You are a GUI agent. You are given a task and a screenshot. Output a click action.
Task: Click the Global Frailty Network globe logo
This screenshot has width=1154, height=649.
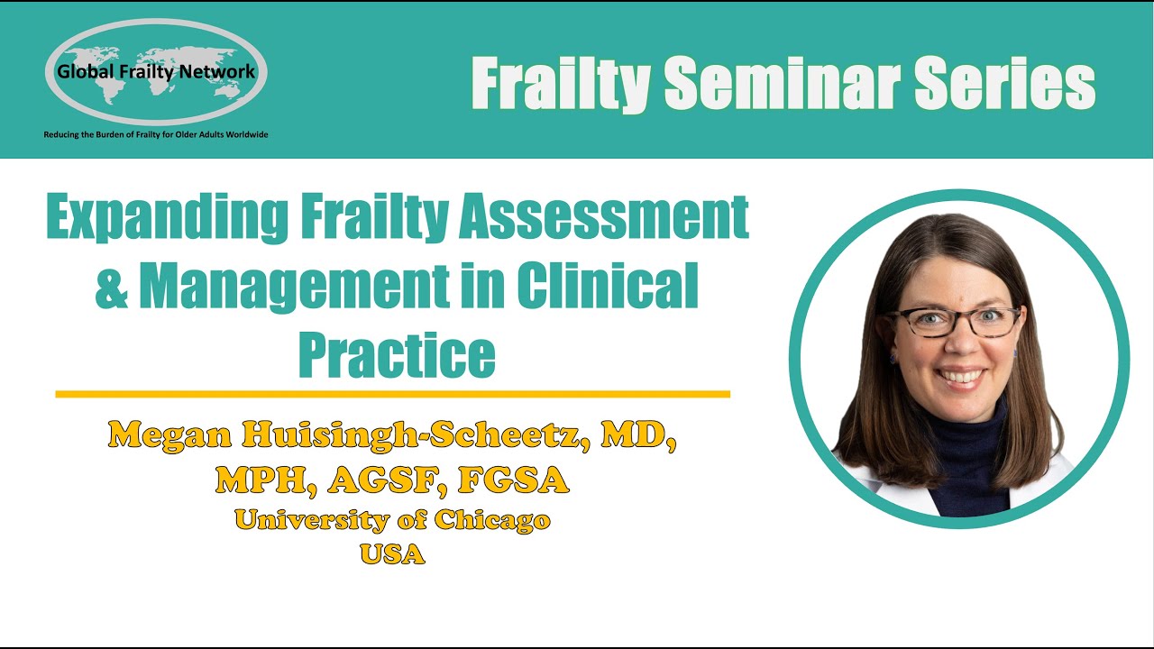(155, 72)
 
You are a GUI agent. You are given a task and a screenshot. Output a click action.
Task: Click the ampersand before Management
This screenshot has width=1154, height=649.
(112, 287)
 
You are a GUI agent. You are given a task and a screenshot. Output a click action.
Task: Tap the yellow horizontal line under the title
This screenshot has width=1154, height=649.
(392, 394)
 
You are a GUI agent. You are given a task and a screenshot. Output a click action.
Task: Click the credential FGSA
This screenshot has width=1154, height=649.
(513, 480)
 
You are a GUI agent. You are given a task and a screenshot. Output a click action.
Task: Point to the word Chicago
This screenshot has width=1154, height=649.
(491, 520)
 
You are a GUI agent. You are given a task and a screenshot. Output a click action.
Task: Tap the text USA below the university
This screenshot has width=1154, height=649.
(392, 553)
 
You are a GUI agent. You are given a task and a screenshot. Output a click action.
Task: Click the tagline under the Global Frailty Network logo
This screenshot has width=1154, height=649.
(156, 135)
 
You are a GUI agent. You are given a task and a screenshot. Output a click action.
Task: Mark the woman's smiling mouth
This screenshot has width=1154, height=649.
(961, 376)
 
